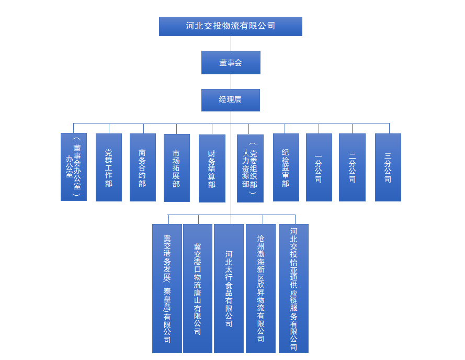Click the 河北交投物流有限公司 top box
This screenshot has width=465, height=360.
click(x=230, y=26)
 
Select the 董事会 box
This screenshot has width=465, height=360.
click(x=231, y=62)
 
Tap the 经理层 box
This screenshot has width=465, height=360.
click(x=231, y=100)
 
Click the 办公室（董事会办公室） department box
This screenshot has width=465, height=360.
click(x=74, y=167)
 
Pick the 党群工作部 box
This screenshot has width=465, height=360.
click(x=109, y=167)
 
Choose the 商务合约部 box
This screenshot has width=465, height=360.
click(x=143, y=167)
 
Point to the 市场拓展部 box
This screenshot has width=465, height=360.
click(x=177, y=168)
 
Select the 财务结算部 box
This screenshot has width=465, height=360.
click(x=212, y=168)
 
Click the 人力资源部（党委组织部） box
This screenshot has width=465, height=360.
click(x=250, y=168)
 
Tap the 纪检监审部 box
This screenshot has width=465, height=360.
click(x=286, y=167)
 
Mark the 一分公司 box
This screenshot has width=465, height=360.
click(x=319, y=167)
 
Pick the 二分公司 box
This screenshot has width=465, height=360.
click(x=352, y=167)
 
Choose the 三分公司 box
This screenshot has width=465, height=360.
click(x=388, y=167)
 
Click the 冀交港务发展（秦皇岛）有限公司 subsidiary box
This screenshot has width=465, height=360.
click(x=167, y=288)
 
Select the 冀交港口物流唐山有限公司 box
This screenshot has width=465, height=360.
click(x=198, y=288)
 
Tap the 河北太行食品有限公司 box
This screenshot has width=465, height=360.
click(x=229, y=288)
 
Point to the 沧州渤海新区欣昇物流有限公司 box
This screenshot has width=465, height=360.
click(x=260, y=288)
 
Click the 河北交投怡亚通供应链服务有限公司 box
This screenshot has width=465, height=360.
click(x=293, y=288)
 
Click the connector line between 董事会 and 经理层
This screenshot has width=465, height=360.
click(x=231, y=82)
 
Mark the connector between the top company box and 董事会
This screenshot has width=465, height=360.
click(x=231, y=43)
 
